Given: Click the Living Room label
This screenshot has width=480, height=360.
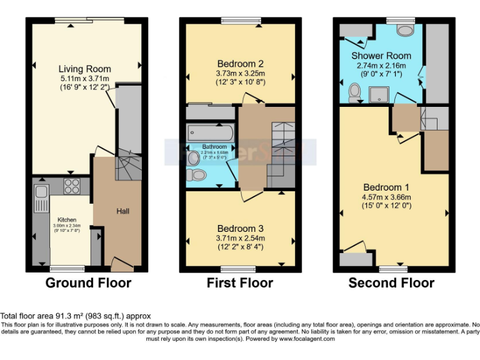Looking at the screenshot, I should [85, 69].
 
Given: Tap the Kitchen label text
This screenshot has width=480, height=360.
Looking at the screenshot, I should [67, 220].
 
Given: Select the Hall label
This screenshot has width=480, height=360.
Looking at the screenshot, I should [122, 211].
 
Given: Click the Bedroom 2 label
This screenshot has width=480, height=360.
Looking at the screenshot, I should [240, 64].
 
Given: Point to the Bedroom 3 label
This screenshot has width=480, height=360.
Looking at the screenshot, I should [240, 228].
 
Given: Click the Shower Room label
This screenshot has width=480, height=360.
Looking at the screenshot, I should [381, 56].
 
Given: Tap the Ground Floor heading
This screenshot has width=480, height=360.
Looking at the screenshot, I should [88, 283].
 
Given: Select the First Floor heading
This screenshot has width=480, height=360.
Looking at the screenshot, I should [240, 283].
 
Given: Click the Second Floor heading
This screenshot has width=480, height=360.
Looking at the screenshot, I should [391, 283].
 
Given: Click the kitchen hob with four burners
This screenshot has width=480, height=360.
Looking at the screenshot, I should [71, 186].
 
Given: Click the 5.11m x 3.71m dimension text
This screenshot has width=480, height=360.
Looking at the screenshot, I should [84, 78].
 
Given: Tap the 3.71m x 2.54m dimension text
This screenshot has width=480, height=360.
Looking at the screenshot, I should [240, 237].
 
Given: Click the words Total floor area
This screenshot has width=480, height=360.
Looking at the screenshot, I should [27, 316].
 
